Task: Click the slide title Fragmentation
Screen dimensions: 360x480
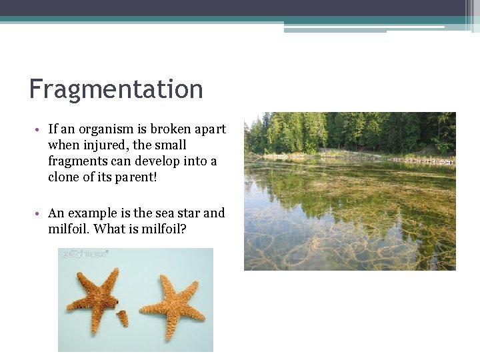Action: tap(116, 89)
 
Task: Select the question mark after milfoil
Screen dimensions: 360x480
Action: tap(184, 229)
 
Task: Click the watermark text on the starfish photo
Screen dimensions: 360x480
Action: tap(85, 254)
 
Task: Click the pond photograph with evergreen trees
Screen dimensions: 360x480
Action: tap(349, 191)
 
